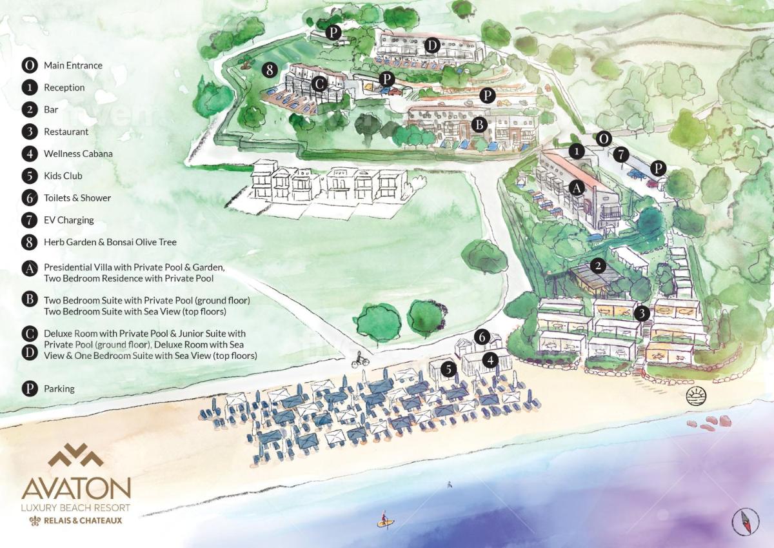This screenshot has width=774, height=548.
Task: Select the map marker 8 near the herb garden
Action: click(270, 69)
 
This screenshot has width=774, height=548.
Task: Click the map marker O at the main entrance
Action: click(603, 138)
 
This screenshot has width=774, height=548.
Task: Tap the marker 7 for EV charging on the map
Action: click(620, 154)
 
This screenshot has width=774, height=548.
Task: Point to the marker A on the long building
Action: click(577, 187)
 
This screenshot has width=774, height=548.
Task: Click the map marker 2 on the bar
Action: click(598, 266)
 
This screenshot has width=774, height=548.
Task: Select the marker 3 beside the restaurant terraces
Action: click(642, 313)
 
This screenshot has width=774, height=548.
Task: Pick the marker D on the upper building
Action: click(432, 45)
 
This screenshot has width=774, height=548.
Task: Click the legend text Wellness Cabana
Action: click(78, 154)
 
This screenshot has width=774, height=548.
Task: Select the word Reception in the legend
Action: click(64, 87)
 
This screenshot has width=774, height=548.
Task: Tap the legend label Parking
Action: click(59, 389)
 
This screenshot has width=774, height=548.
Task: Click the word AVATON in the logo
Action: click(76, 489)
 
